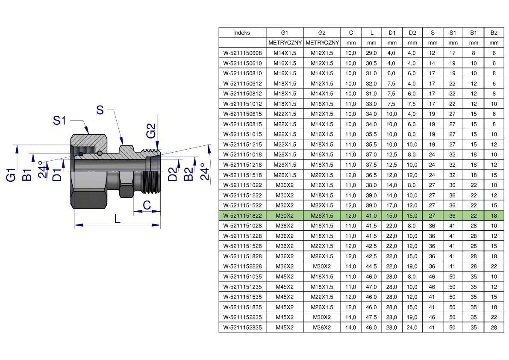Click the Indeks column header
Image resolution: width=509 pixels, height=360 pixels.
click(x=242, y=33)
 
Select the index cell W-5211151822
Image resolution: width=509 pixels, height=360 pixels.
click(x=242, y=215)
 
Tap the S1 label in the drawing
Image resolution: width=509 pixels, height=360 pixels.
click(x=59, y=121)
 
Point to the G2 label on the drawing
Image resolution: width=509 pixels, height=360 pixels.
click(x=151, y=130)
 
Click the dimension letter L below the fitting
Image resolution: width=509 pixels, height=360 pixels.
click(x=117, y=219)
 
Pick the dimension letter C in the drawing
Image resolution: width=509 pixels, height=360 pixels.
click(x=147, y=205)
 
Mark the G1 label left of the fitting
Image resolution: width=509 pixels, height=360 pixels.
click(x=11, y=175)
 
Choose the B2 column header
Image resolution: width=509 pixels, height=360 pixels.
click(x=494, y=33)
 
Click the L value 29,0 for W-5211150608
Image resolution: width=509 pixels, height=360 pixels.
click(x=371, y=53)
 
